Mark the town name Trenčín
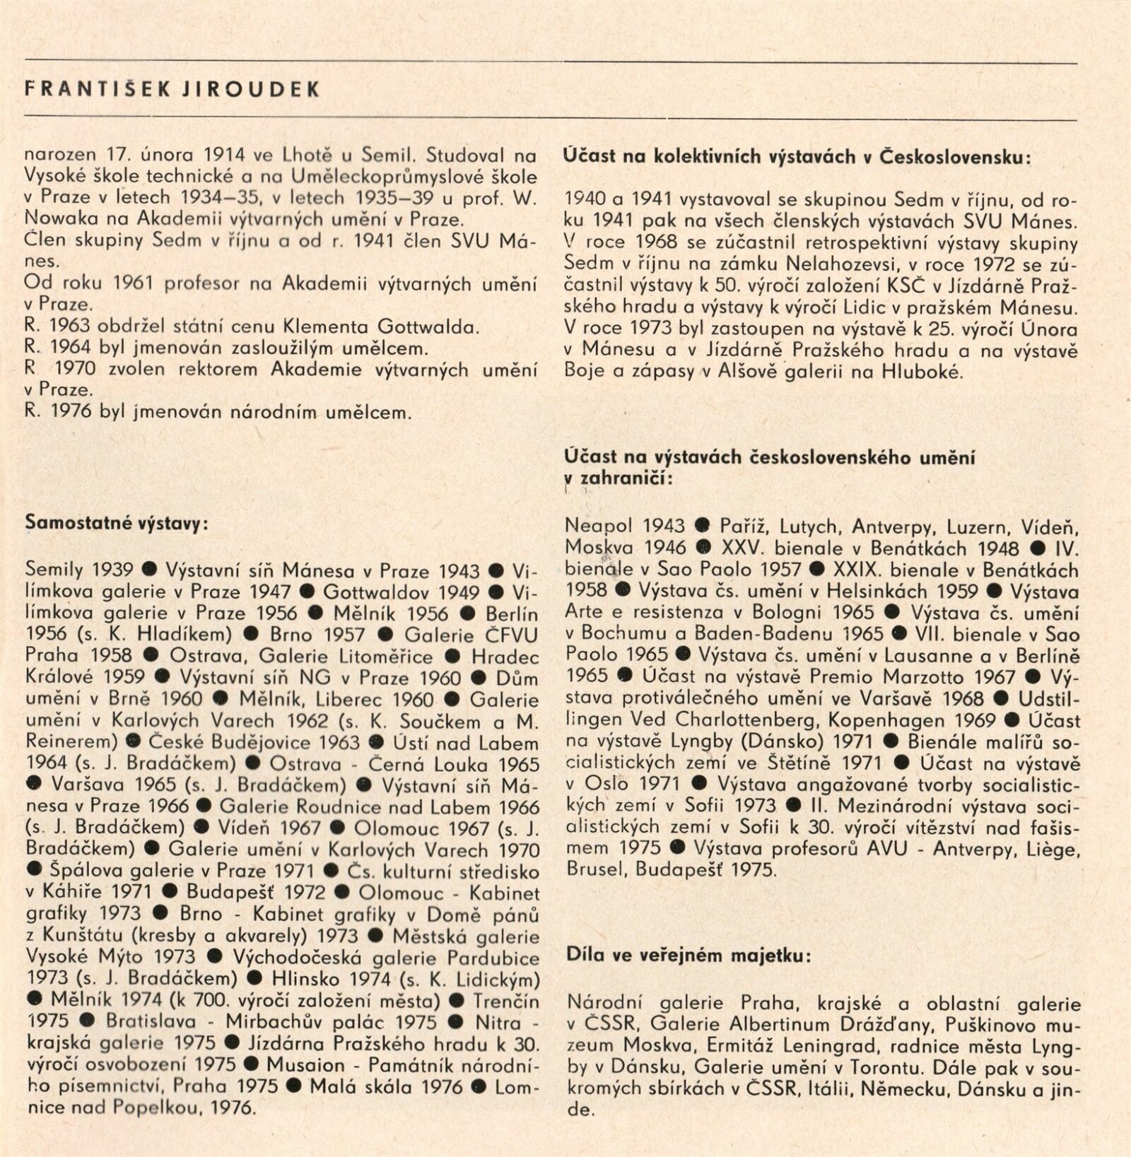506,1002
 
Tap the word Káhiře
76,893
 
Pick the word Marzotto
930,676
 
